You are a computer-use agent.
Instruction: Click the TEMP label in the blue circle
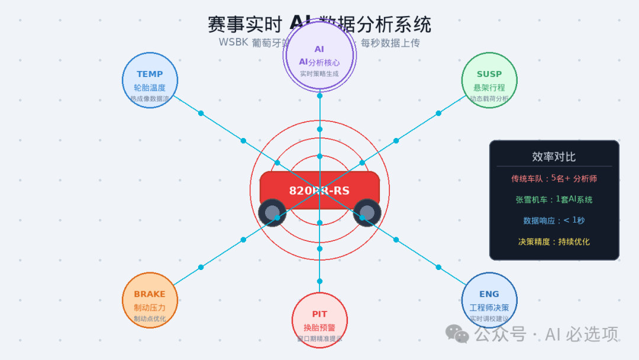pos(150,75)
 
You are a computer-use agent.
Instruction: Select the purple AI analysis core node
pos(319,56)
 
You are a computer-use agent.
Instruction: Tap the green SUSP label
pos(489,75)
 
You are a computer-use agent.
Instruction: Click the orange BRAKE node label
pos(150,294)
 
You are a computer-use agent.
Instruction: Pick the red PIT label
pos(319,314)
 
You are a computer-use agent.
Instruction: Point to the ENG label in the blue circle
pos(489,294)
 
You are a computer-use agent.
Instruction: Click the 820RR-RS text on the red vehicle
pos(319,191)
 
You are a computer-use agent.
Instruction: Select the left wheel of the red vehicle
pos(272,213)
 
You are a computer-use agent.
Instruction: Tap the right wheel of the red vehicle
pos(367,213)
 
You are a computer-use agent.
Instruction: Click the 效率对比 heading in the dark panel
pos(554,157)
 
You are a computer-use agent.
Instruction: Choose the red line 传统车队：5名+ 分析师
pos(554,178)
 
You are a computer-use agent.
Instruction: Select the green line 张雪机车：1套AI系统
pos(554,200)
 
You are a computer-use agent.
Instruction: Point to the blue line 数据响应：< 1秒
pos(554,220)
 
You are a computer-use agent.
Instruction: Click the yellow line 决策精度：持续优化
pos(554,242)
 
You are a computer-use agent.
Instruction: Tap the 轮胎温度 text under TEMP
pos(150,88)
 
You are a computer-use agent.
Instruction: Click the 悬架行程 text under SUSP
pos(489,88)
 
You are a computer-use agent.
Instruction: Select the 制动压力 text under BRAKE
pos(150,307)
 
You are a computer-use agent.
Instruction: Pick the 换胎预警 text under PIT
pos(319,327)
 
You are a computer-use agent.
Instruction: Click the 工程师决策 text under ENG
pos(489,307)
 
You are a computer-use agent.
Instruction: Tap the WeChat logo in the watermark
pos(457,334)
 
